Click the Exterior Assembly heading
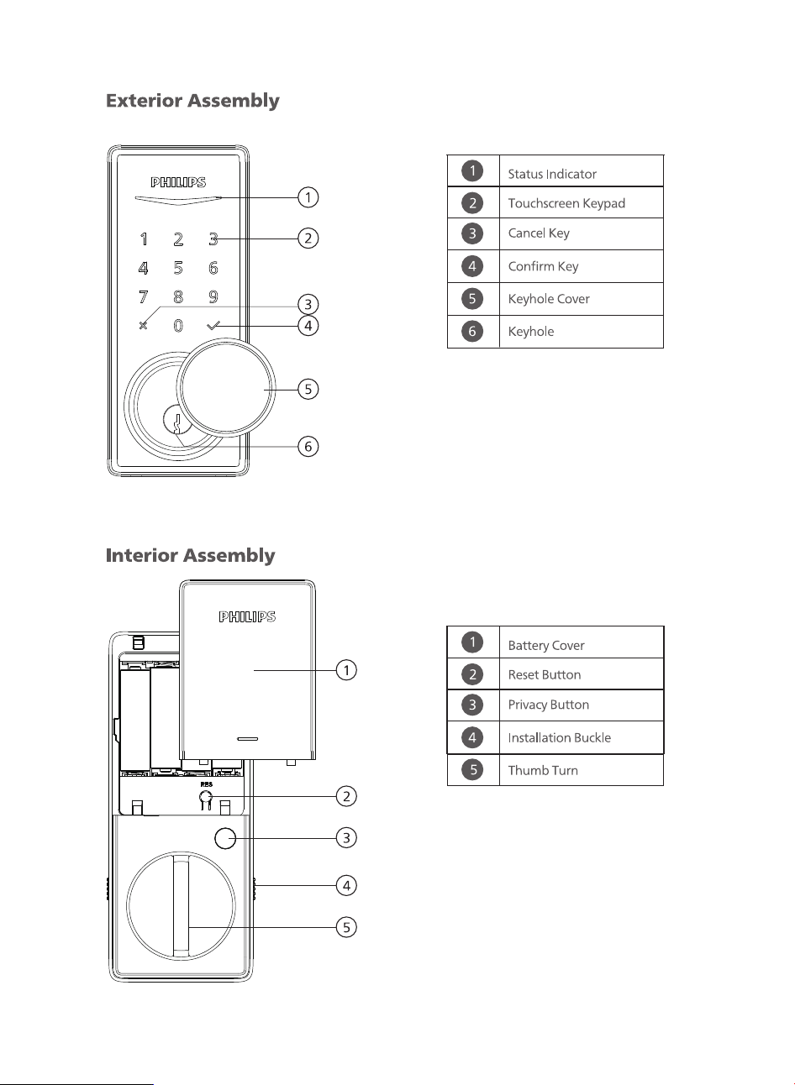point(192,101)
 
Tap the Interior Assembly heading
point(190,555)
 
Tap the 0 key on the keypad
point(178,326)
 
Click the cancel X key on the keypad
point(143,326)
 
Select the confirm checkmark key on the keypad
point(213,326)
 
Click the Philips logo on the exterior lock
point(178,182)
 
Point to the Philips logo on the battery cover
point(247,616)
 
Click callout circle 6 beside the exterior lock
point(308,446)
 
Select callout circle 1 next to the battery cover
point(346,670)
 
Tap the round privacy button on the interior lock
point(225,838)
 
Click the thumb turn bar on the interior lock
point(182,906)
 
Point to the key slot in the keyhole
point(178,423)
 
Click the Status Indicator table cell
point(582,171)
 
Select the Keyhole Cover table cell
point(582,299)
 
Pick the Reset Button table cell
point(582,674)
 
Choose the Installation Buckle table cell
point(582,737)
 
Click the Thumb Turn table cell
point(582,770)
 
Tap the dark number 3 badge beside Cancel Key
point(472,233)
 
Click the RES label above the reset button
point(207,784)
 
